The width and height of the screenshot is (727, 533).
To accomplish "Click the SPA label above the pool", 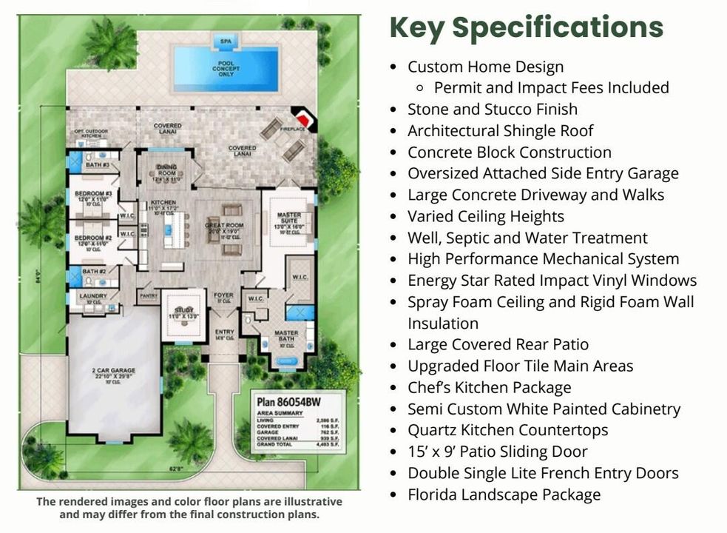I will tap(224, 41).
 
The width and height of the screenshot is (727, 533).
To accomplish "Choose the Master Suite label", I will tap(289, 217).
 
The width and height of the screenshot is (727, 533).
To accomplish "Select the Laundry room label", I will tap(94, 296).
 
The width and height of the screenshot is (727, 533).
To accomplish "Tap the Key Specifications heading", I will tap(526, 28).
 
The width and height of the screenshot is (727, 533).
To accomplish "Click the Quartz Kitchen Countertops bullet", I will tap(507, 430).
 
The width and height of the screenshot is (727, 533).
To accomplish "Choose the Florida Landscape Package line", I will tap(504, 495).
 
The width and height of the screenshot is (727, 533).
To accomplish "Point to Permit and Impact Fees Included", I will tap(551, 88).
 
